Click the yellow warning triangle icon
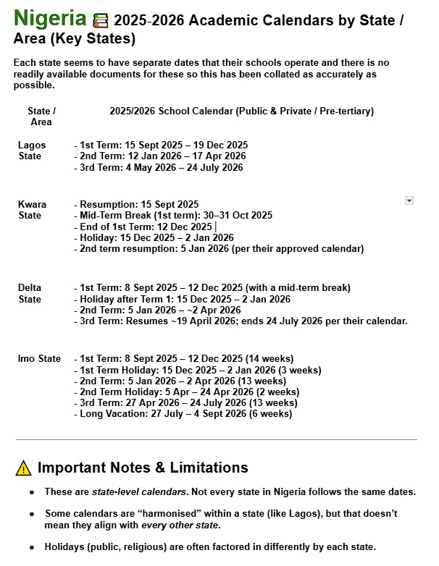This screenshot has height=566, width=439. click(x=23, y=468)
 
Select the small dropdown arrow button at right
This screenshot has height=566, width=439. click(x=409, y=200)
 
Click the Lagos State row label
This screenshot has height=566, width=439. click(x=32, y=150)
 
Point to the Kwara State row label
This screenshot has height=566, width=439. click(x=32, y=210)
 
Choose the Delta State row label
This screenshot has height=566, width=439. click(x=30, y=293)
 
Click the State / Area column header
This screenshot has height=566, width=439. click(x=41, y=117)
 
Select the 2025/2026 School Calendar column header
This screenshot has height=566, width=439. click(x=241, y=111)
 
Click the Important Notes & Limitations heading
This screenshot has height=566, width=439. click(x=143, y=468)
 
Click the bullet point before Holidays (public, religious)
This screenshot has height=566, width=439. click(x=33, y=547)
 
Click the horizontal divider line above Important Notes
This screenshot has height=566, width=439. click(x=217, y=439)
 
